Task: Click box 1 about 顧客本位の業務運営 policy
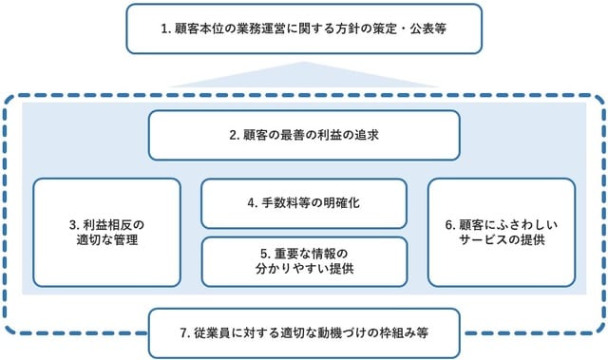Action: click(x=303, y=28)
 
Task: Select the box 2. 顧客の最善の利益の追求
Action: click(x=304, y=135)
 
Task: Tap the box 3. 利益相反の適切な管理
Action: click(x=106, y=232)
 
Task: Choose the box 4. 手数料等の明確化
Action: click(x=304, y=202)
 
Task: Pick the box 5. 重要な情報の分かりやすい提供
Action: click(x=304, y=261)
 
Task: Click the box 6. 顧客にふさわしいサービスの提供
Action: click(x=501, y=232)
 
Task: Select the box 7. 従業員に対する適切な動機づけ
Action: click(x=304, y=333)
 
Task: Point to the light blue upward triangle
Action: click(x=304, y=76)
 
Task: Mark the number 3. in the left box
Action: click(x=73, y=224)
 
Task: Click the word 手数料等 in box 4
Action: click(x=284, y=203)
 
